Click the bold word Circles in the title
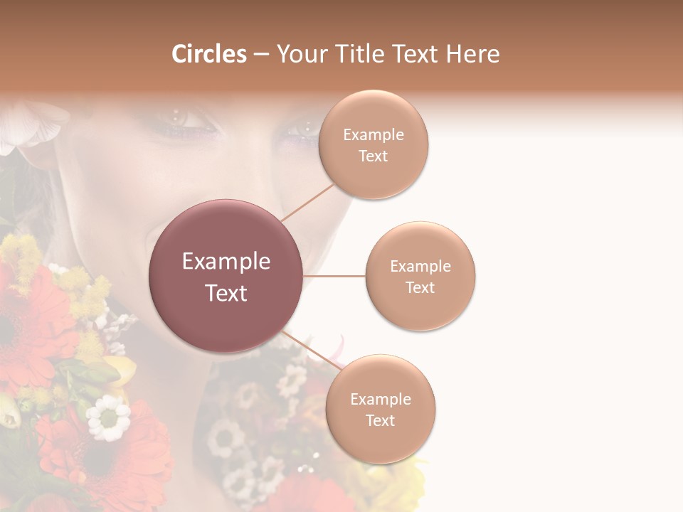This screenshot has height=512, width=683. pos(208,54)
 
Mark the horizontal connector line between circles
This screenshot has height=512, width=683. pos(334,276)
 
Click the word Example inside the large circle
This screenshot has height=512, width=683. pos(226,262)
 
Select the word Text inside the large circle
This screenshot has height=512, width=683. pos(226,293)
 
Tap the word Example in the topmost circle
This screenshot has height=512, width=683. pos(374,135)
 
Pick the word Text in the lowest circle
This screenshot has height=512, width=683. pos(381,420)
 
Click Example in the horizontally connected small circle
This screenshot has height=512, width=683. pos(420,267)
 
